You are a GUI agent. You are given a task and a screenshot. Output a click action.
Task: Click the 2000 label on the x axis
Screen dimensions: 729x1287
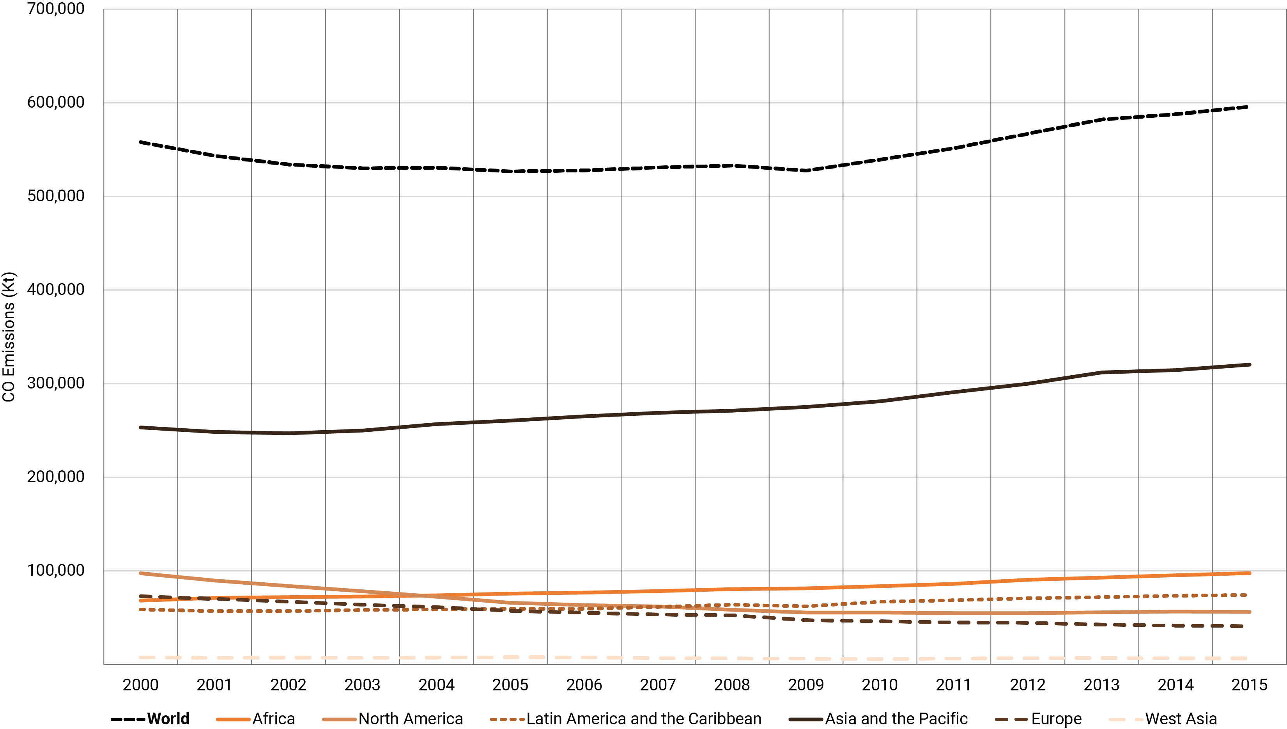[141, 685]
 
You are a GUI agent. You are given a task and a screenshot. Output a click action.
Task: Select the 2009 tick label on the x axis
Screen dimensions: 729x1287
[805, 685]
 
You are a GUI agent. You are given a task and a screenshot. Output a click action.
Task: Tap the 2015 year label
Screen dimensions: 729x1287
[1249, 685]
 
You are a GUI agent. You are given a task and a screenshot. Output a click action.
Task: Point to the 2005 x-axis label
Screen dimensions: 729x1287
[510, 685]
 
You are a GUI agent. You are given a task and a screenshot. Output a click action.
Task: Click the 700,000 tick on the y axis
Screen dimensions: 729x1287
[55, 9]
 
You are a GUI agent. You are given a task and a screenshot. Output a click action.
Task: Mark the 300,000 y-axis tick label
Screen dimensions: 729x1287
[55, 383]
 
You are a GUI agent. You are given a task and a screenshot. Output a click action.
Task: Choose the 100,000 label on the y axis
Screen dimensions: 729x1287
[55, 570]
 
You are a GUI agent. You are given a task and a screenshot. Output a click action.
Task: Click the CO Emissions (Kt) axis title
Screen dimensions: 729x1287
[9, 337]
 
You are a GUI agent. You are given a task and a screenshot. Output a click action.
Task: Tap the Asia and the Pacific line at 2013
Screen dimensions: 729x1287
[1101, 372]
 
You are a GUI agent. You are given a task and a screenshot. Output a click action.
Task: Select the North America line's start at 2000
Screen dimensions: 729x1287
[141, 573]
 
